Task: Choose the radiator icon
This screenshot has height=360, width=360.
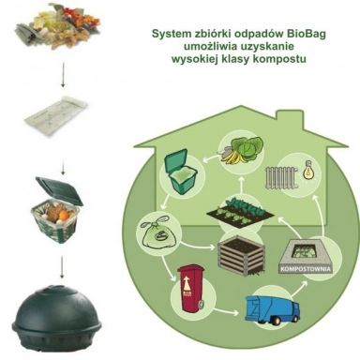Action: [x=282, y=172]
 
